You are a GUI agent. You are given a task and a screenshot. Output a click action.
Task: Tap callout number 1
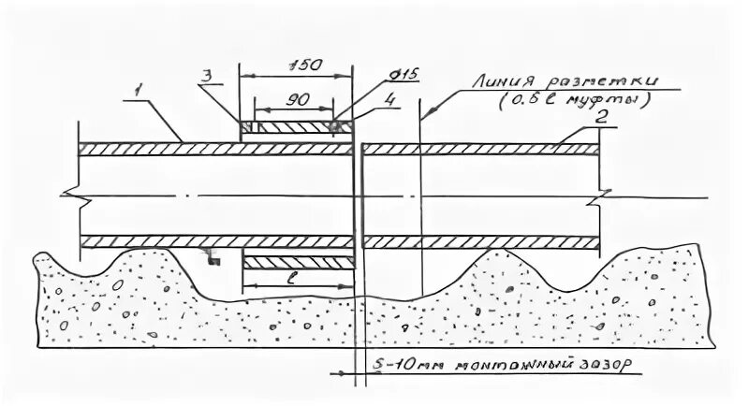[x=138, y=90]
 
